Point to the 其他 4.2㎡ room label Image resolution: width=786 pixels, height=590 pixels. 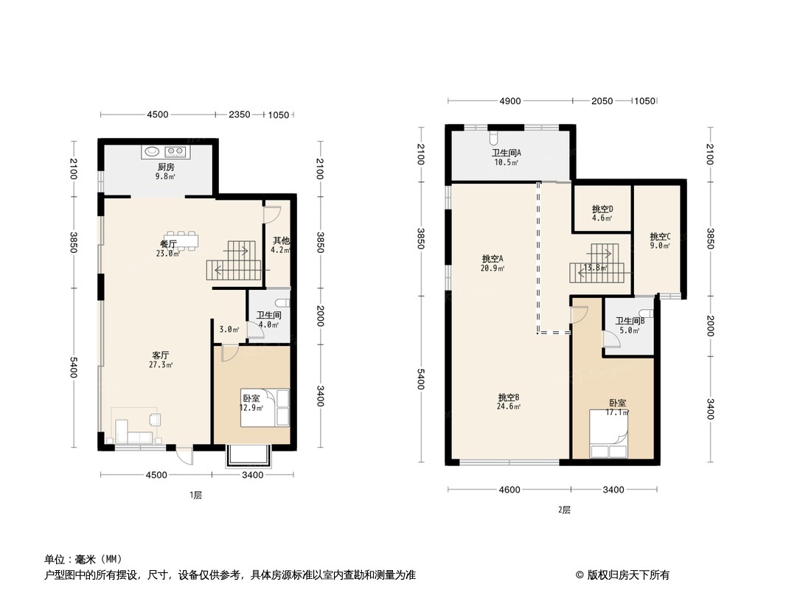(281, 245)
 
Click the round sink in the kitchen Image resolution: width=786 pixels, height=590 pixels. (151, 151)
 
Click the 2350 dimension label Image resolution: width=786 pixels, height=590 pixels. (239, 114)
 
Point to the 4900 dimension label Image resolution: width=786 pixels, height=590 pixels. (510, 101)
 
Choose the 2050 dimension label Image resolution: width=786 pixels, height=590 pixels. (602, 101)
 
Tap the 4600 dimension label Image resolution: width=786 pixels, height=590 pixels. (509, 490)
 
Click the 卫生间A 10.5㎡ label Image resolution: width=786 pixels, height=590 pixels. (507, 157)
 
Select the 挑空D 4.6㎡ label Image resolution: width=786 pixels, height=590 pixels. (602, 213)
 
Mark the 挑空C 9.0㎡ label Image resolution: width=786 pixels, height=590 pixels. (660, 241)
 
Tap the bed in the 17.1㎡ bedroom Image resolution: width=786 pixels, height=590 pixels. (609, 436)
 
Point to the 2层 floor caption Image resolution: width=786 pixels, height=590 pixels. (564, 510)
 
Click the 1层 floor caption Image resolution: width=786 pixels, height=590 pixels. (195, 496)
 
